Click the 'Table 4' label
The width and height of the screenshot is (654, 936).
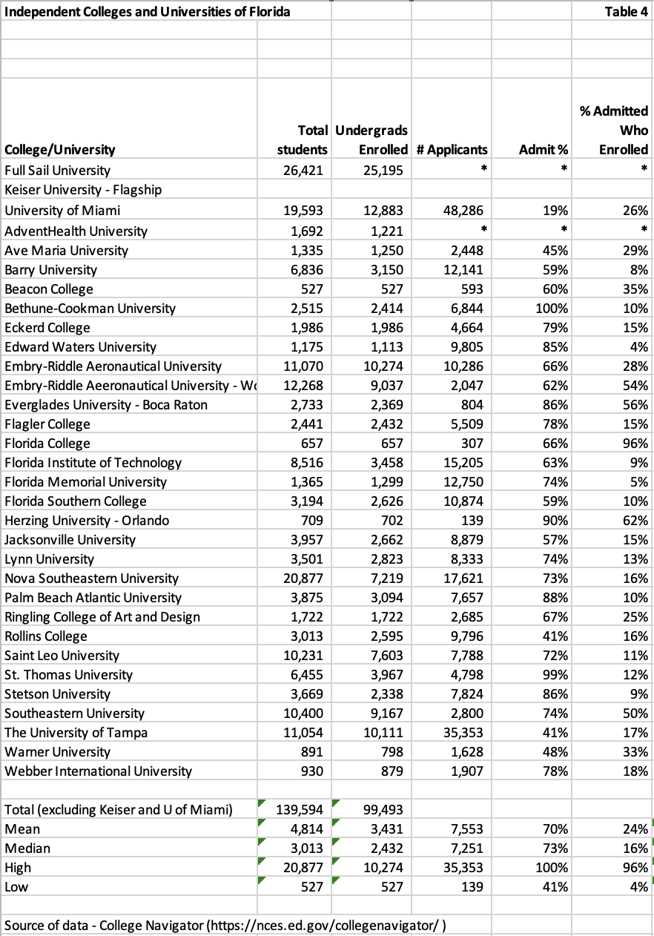tap(627, 11)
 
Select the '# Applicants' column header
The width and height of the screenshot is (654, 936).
tap(452, 150)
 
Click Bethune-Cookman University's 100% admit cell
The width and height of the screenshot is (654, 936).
tap(552, 308)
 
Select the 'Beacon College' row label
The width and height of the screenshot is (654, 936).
tap(49, 289)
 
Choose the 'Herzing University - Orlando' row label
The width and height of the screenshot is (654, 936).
tap(87, 520)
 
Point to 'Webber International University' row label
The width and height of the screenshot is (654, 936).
tap(98, 771)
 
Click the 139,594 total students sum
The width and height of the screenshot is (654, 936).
tap(300, 809)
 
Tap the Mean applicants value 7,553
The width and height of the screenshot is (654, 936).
tap(467, 828)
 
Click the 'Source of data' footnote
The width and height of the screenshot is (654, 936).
tap(228, 925)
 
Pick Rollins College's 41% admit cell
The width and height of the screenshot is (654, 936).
tap(555, 636)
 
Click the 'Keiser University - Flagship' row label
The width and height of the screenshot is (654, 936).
tap(83, 190)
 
